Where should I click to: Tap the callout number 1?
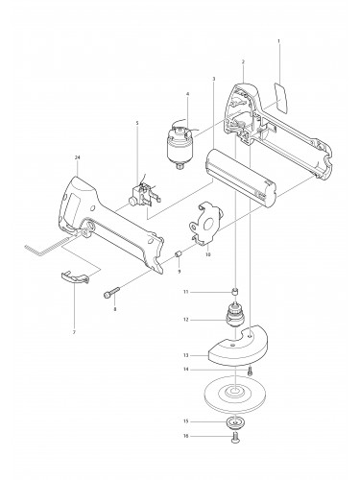pyautogui.click(x=278, y=42)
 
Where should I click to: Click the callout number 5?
pyautogui.click(x=136, y=124)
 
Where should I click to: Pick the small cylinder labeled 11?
pyautogui.click(x=233, y=291)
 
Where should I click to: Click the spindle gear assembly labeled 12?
pyautogui.click(x=231, y=318)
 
